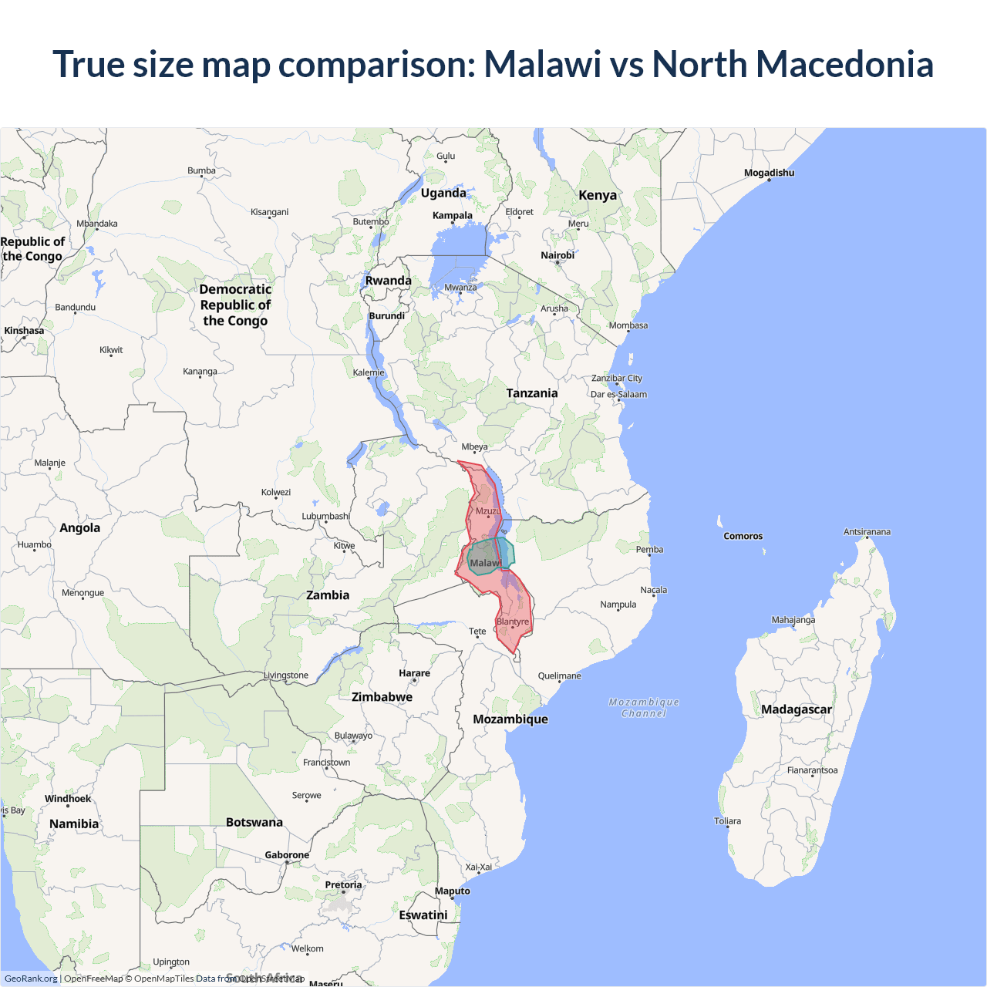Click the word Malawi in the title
click(x=542, y=64)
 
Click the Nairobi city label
click(x=558, y=255)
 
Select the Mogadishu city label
click(x=769, y=173)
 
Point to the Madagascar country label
click(x=796, y=709)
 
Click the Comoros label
click(x=743, y=536)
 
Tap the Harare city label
click(x=414, y=673)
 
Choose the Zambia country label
click(x=328, y=595)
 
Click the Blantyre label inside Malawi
click(x=513, y=622)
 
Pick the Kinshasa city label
click(x=24, y=331)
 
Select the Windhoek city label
click(x=68, y=799)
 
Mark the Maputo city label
click(x=452, y=891)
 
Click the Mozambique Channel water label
click(x=644, y=708)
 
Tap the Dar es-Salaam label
click(x=618, y=394)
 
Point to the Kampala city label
click(x=452, y=215)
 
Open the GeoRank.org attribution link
click(x=31, y=979)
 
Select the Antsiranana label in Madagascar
click(x=867, y=532)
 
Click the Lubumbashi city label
click(x=325, y=516)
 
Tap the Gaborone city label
click(x=287, y=855)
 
